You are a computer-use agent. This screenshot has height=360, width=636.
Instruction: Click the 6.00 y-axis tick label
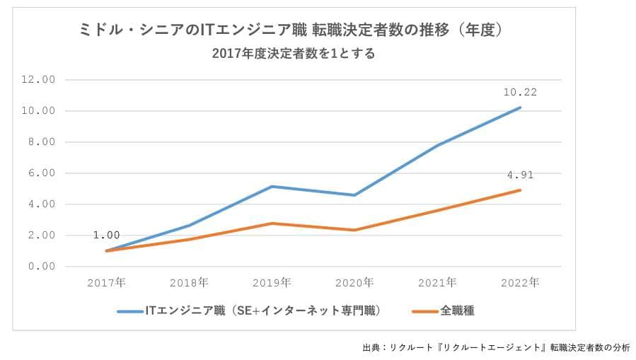pos(40,173)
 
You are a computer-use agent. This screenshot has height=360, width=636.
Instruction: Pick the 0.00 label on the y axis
pos(40,267)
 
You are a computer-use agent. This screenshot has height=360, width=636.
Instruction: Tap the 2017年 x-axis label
pos(107,283)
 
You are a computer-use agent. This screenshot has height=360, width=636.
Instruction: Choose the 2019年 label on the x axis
pos(272,283)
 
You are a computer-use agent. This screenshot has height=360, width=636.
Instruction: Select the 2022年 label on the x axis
pos(520,283)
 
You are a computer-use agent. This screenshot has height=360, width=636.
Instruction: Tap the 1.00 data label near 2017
pos(106,236)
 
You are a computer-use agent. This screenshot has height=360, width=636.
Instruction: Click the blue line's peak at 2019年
pos(272,187)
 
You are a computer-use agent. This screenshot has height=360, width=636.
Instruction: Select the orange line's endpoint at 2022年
pos(521,190)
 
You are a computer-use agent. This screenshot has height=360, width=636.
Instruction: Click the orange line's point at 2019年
pos(272,223)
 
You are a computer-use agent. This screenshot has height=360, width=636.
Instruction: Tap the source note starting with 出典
pos(495,347)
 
